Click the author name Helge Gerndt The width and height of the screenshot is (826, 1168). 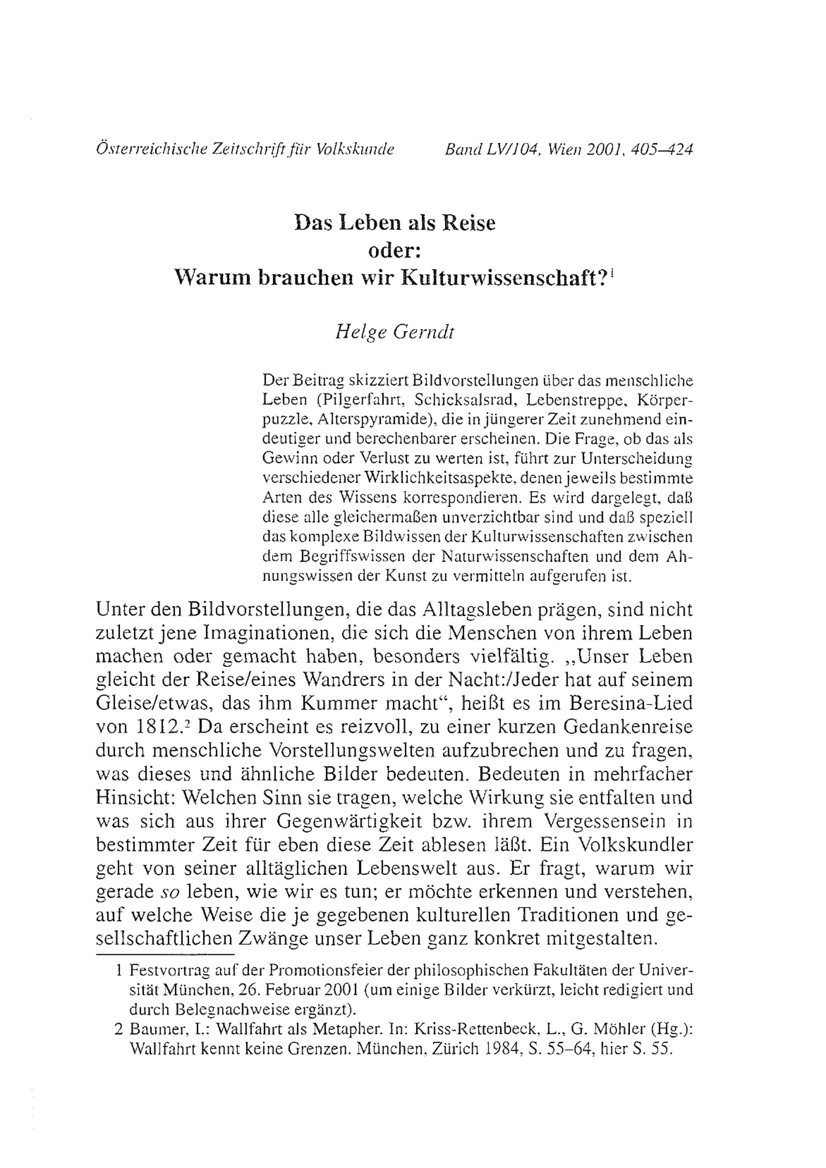tap(394, 332)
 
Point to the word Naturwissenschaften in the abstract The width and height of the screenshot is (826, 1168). tap(515, 558)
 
